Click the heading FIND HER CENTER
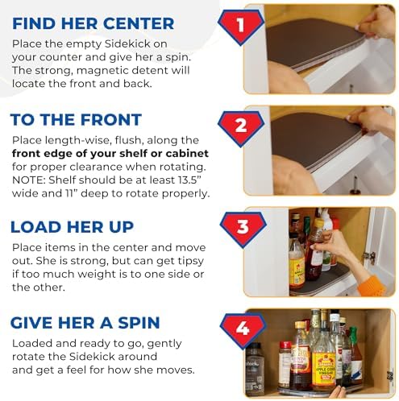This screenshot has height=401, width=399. pos(94,23)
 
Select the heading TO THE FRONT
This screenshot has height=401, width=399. pos(76,120)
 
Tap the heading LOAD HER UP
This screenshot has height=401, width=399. pos(72,227)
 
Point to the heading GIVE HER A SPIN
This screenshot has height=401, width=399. pos(85,323)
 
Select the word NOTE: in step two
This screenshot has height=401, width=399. pos(29,180)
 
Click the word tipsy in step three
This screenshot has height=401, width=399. pos(191,261)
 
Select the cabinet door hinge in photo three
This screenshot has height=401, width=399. pos(370,257)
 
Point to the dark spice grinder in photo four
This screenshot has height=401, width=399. pos(254,368)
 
